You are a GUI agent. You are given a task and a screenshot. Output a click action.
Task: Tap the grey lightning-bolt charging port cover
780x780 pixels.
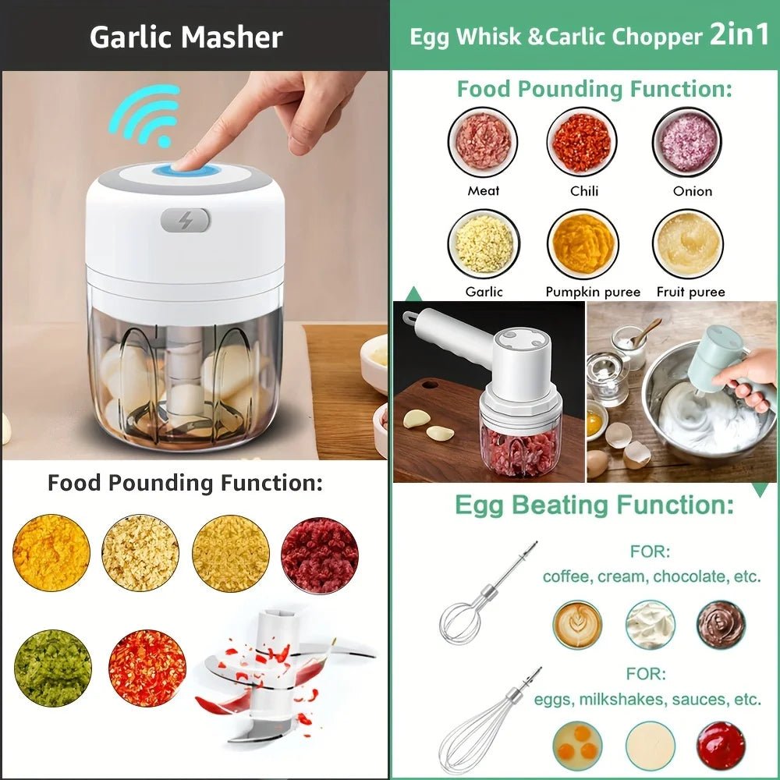pos(186,220)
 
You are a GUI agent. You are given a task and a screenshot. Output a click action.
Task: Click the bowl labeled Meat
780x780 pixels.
pos(484,142)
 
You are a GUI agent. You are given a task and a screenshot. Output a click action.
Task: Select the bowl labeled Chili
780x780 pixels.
pos(582,142)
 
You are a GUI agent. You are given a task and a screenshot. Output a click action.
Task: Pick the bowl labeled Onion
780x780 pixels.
pos(687,142)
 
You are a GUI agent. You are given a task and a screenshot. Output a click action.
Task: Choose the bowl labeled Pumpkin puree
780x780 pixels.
pos(583,244)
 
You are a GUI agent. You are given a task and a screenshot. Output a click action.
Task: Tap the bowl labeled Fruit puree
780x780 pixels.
pos(687,244)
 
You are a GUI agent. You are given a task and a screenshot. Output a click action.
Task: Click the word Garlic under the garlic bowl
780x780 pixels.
pos(484,292)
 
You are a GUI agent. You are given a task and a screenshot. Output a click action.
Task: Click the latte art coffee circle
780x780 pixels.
pos(578,625)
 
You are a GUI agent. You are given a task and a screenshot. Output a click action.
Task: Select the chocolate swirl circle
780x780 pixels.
pos(721,624)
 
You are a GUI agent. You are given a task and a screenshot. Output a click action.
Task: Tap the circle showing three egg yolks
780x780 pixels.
pos(578,745)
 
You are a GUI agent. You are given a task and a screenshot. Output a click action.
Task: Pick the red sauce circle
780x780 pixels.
pos(721,745)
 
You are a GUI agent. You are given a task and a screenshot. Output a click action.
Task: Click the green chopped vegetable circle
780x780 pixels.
pos(52,668)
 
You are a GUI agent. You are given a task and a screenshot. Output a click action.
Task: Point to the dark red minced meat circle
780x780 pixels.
pos(320,555)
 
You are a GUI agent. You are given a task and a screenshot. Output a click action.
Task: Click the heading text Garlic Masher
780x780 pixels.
pos(186,37)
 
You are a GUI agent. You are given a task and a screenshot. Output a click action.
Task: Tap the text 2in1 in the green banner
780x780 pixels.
pos(739,36)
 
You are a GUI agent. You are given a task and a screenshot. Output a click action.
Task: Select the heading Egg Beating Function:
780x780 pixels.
pos(594,505)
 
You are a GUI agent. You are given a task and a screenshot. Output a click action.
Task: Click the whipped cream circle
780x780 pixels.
pos(650,625)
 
